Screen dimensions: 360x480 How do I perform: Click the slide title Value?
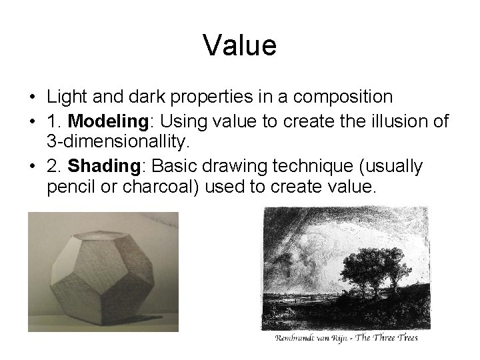(239, 46)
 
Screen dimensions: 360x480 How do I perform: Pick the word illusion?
(393, 122)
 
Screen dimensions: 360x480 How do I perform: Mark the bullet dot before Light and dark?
(31, 97)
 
